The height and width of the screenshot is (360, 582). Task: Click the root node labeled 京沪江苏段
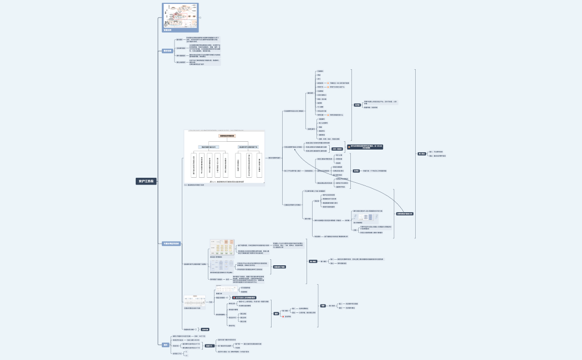pyautogui.click(x=147, y=181)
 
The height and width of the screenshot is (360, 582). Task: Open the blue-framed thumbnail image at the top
pyautogui.click(x=178, y=17)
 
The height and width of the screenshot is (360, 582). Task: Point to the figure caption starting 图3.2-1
pyautogui.click(x=225, y=181)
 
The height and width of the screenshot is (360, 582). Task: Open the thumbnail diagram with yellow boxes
pyautogui.click(x=222, y=247)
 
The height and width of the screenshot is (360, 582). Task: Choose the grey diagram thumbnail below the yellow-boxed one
pyautogui.click(x=222, y=266)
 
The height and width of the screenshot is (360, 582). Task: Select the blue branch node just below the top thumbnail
pyautogui.click(x=167, y=51)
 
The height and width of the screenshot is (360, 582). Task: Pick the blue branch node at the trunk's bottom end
pyautogui.click(x=165, y=344)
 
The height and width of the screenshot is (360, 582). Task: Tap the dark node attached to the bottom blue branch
pyautogui.click(x=210, y=346)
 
